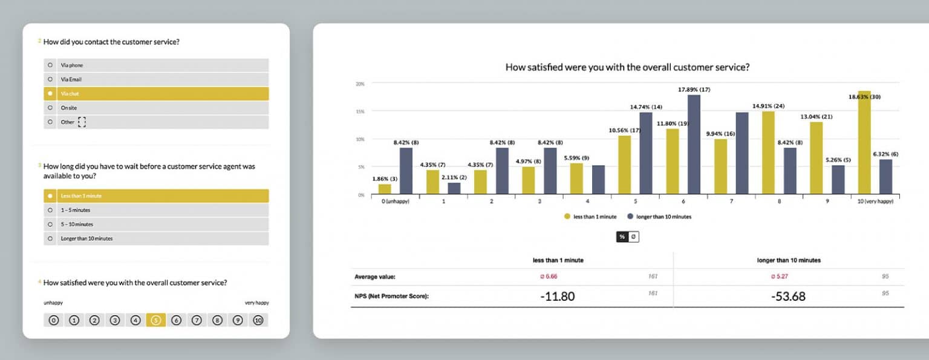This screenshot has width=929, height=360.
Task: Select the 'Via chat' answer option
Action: tap(156, 94)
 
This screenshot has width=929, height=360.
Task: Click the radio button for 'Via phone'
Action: tap(50, 65)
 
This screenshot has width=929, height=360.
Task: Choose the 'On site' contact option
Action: tap(156, 108)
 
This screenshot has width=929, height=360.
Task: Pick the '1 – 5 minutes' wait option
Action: tap(156, 210)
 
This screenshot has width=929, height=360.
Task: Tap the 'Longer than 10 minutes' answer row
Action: tap(156, 238)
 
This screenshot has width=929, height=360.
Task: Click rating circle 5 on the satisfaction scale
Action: tap(155, 321)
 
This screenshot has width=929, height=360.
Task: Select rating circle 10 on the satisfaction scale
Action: tap(258, 321)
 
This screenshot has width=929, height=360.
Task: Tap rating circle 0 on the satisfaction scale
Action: tap(54, 321)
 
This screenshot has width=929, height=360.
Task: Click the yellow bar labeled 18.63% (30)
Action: tap(864, 143)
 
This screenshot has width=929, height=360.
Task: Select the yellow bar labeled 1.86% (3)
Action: tap(385, 189)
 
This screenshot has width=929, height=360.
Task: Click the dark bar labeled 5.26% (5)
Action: tap(838, 180)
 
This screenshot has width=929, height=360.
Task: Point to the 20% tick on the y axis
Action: tap(360, 84)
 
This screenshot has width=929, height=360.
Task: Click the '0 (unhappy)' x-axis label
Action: tap(395, 201)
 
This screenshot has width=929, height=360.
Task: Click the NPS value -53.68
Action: tap(788, 296)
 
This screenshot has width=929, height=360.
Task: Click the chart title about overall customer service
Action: tap(627, 67)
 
